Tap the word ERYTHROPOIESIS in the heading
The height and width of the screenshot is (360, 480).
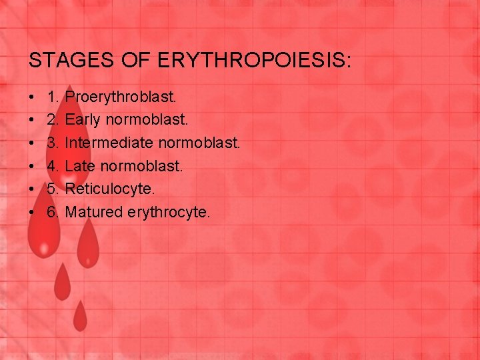(254, 61)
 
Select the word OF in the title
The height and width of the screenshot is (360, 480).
(135, 61)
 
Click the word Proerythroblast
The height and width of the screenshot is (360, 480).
(121, 97)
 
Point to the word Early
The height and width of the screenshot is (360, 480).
(84, 120)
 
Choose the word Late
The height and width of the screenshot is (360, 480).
(80, 166)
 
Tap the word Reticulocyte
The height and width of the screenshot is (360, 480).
(110, 189)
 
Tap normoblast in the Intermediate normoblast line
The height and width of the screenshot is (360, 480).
(203, 143)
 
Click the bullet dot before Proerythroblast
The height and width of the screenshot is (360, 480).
(33, 98)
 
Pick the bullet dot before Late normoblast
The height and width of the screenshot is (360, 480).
(33, 167)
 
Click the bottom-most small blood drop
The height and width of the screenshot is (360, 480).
(80, 316)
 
